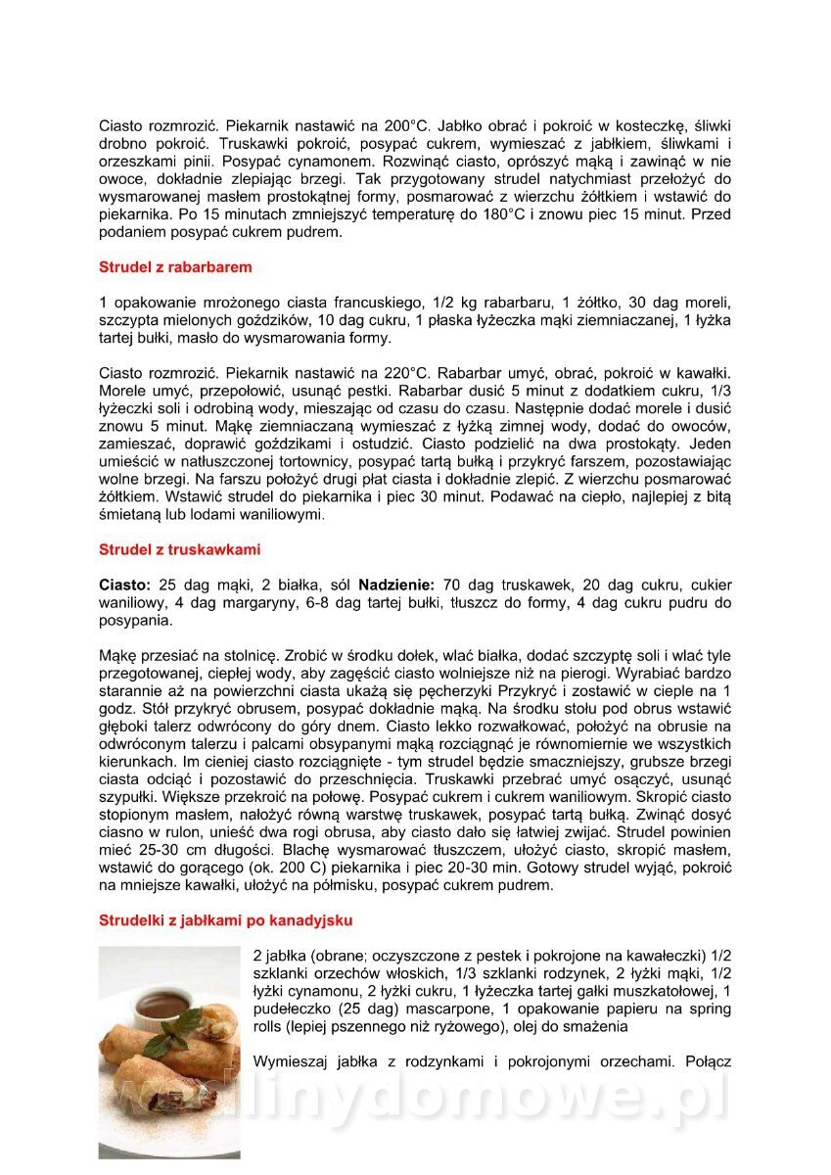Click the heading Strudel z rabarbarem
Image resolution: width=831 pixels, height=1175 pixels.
tap(175, 266)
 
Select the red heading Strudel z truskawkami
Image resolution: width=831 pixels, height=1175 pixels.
tap(179, 549)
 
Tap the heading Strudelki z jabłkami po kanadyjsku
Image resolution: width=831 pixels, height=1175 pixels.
tap(225, 920)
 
